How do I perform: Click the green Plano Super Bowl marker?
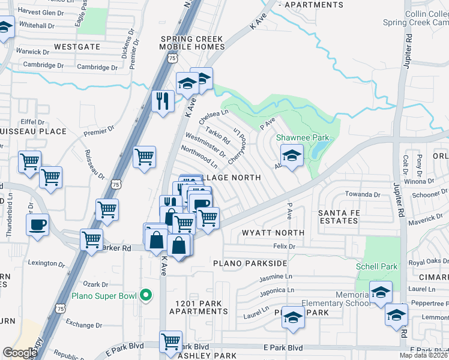point(145,295)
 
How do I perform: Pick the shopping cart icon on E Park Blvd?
point(171,342)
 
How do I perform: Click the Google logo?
point(19,353)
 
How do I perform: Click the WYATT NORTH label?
point(273,232)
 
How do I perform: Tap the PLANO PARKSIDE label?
point(249,263)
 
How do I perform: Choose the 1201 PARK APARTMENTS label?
point(198,307)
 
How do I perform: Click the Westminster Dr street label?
point(205,146)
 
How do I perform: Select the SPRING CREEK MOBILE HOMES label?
point(191,43)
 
